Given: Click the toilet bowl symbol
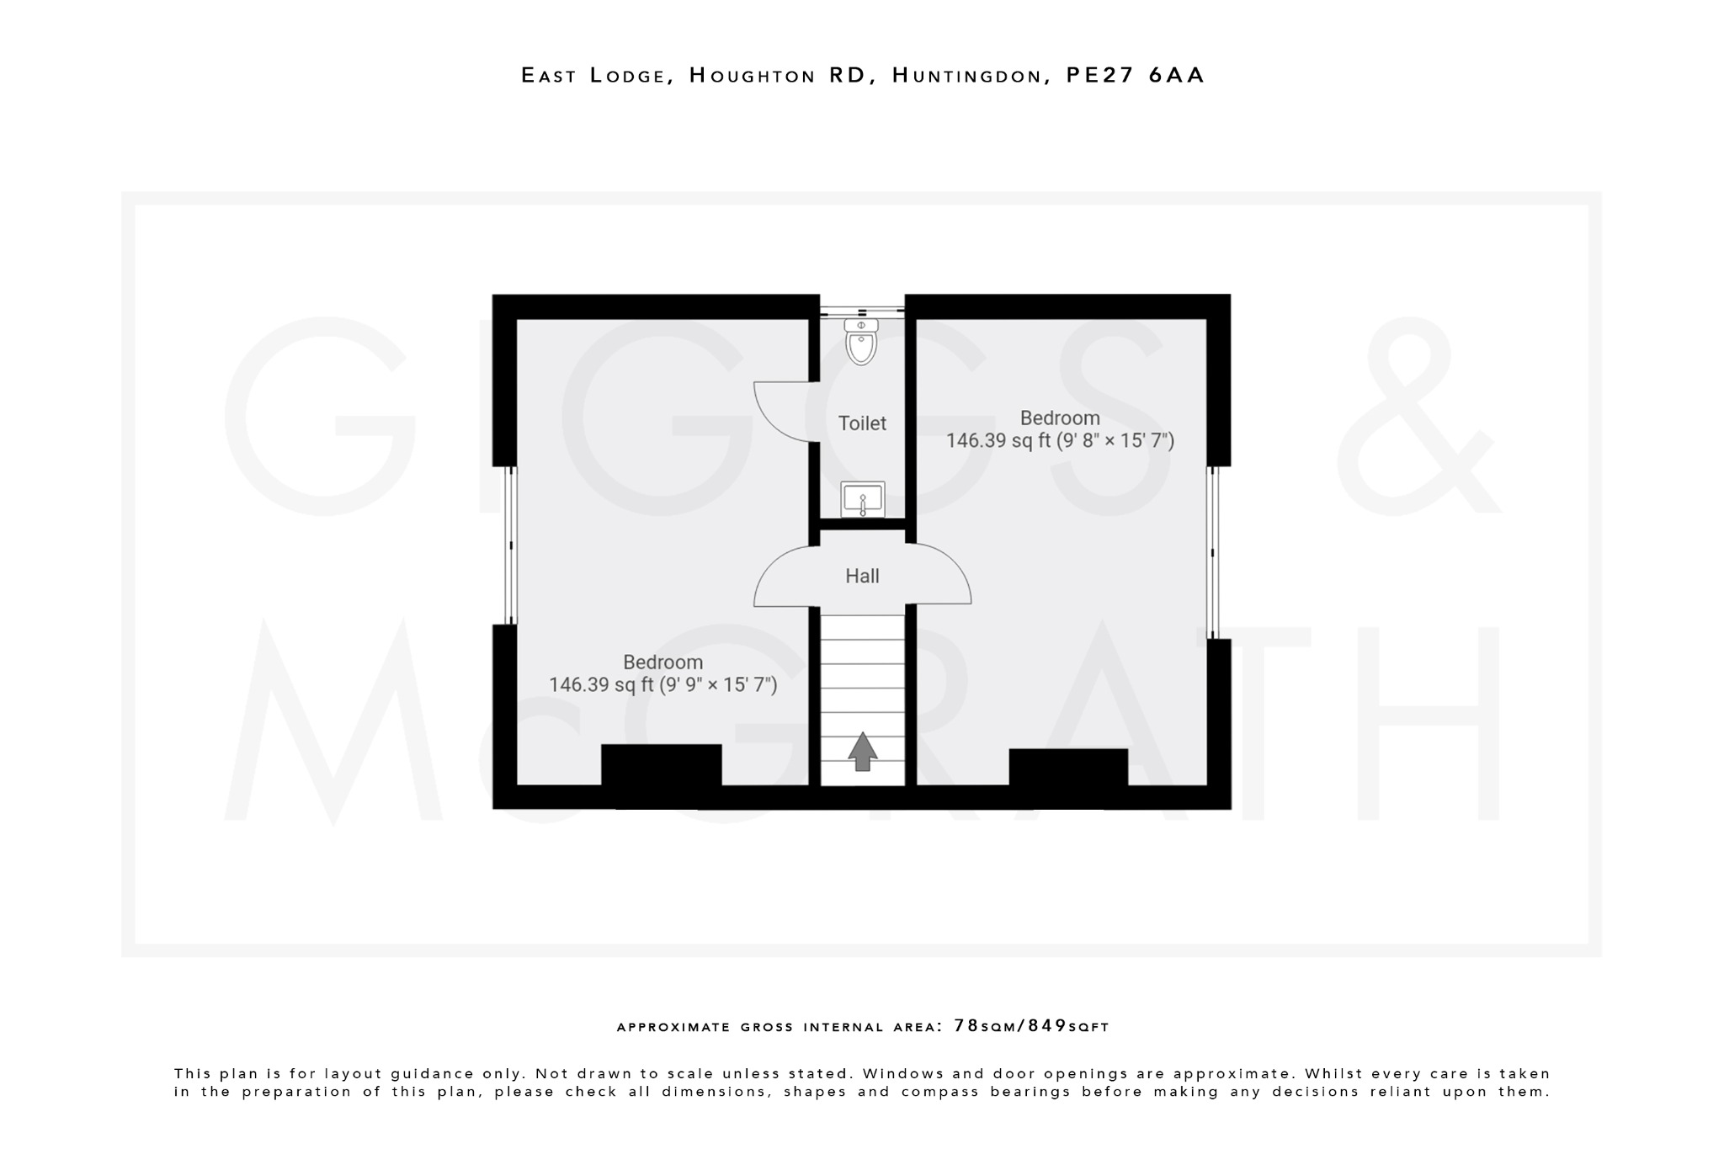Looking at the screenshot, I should [861, 343].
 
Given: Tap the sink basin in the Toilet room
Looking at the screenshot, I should [862, 499].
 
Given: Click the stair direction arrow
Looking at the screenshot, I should [862, 752].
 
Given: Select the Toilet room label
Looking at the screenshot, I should [862, 423].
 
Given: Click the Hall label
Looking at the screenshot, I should [862, 577].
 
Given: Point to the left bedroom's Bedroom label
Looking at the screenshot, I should [662, 662].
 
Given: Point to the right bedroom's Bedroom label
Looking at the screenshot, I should [1060, 418].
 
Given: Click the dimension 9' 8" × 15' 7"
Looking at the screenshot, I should [1115, 441].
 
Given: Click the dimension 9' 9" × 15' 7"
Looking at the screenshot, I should [717, 685].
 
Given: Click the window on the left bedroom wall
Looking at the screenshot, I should [510, 545].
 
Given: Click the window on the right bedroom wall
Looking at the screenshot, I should [1212, 552].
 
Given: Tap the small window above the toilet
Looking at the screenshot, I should [862, 311].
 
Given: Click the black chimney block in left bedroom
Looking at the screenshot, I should [661, 766].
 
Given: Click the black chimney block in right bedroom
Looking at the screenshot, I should [1067, 769].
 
